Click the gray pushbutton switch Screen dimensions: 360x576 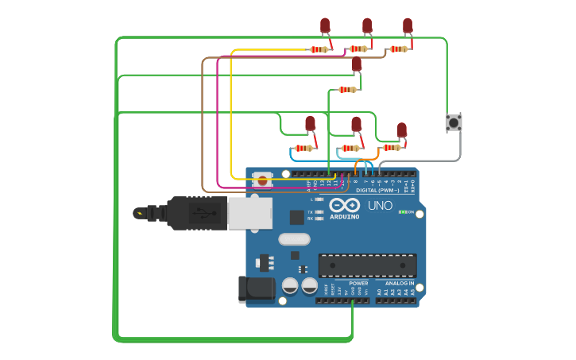(454, 122)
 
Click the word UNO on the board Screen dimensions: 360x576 (380, 205)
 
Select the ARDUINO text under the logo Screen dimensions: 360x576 (344, 216)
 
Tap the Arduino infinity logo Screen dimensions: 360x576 (344, 204)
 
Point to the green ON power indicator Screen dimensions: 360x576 (403, 212)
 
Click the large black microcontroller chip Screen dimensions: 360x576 (367, 265)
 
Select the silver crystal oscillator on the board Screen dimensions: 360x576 (294, 238)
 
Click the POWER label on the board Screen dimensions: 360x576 (358, 283)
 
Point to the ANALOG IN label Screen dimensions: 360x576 (400, 283)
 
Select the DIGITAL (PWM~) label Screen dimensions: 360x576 (377, 190)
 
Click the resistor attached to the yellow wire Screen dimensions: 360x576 (319, 49)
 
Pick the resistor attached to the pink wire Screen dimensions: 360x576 (358, 48)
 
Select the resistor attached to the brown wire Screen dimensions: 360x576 (398, 48)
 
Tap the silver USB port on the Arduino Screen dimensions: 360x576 (249, 213)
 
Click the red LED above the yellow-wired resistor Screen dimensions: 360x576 (325, 26)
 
